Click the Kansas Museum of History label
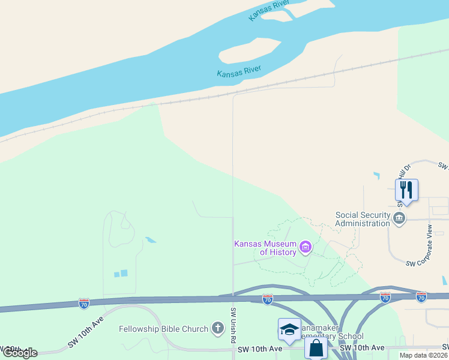(265, 248)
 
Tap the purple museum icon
(306, 247)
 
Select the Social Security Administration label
(363, 219)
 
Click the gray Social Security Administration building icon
(400, 218)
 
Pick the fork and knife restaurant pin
(406, 190)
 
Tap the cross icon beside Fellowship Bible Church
(217, 328)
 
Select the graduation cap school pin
(289, 329)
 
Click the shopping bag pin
(316, 347)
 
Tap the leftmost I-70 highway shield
(84, 304)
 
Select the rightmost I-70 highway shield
(421, 296)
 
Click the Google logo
(19, 353)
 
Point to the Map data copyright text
(423, 355)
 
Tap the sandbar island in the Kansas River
(250, 49)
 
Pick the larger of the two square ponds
(124, 273)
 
